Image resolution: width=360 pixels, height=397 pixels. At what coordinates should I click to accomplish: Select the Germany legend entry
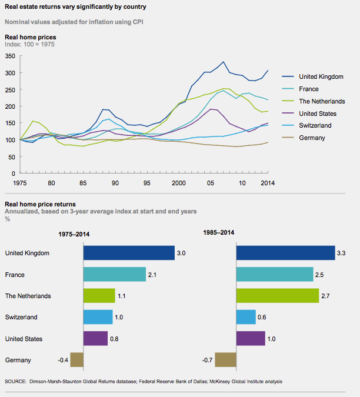pos(312,138)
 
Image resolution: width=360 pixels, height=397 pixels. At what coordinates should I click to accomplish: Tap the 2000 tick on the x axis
pos(178,184)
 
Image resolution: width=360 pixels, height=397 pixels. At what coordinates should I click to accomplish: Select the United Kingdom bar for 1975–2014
pos(129,253)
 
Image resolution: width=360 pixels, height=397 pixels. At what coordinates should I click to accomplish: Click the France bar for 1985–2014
pos(275,275)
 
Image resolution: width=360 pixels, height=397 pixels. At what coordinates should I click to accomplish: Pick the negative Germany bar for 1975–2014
pos(76,360)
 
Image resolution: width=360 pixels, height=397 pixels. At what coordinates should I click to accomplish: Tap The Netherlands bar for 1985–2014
pos(278,296)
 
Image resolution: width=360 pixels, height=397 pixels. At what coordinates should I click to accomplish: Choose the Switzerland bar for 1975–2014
pos(98,317)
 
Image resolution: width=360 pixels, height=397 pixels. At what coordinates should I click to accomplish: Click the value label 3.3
pos(341,253)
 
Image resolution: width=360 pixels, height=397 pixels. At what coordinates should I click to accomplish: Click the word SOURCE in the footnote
pos(16,382)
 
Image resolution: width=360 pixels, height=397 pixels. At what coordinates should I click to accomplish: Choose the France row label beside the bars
pos(15,275)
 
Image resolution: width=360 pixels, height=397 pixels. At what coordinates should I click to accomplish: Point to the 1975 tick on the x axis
pos(21,184)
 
